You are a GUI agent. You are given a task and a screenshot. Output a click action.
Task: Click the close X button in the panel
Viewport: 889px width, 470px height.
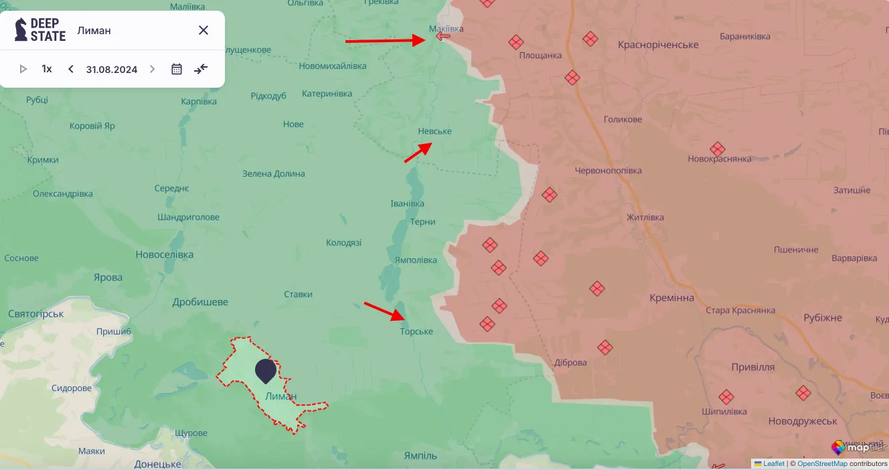(x=204, y=30)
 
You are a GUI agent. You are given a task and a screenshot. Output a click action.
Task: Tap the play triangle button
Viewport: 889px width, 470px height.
(x=23, y=69)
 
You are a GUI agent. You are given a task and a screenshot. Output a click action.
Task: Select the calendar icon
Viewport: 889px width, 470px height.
(x=177, y=69)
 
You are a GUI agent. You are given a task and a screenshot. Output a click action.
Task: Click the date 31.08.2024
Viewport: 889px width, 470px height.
(x=112, y=69)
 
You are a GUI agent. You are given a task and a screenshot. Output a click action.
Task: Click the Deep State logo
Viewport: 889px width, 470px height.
(x=40, y=30)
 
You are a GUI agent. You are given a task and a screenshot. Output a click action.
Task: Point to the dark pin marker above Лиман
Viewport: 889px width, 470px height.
(x=266, y=370)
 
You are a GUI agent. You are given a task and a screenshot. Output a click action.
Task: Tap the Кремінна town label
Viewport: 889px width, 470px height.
(x=671, y=298)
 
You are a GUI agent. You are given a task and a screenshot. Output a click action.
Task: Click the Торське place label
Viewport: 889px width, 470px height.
(x=416, y=331)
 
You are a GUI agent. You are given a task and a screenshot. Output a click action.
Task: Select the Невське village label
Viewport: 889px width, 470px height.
(x=434, y=131)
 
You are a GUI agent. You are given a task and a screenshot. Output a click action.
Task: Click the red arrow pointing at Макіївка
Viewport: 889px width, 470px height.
(x=385, y=41)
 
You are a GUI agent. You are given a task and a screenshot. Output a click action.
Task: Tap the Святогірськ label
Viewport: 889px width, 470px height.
(x=35, y=313)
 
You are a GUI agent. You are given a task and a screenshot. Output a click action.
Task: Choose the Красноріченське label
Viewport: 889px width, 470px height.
(x=658, y=45)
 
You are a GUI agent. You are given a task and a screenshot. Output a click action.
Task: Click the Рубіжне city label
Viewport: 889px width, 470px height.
(x=823, y=317)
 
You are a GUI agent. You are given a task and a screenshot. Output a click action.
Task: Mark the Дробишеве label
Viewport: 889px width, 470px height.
(x=200, y=302)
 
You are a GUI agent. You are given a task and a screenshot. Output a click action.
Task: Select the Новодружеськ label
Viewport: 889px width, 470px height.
(x=803, y=421)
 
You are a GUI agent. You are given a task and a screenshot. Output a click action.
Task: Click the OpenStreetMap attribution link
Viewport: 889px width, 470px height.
(x=822, y=463)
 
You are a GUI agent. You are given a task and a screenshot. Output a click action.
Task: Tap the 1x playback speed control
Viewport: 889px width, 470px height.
(x=47, y=69)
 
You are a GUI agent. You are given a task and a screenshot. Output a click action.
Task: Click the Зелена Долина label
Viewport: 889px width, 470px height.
(x=273, y=173)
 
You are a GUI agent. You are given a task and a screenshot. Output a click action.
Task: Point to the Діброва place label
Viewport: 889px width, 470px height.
(x=570, y=363)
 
